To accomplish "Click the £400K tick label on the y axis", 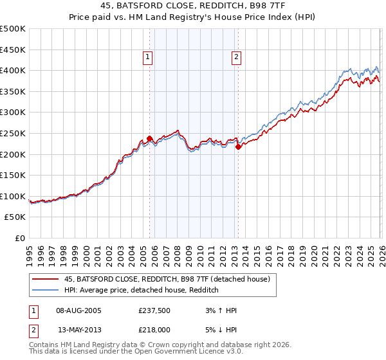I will [13, 70].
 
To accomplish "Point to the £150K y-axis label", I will [13, 175].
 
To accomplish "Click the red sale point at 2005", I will [149, 138].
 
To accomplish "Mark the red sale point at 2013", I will [238, 147].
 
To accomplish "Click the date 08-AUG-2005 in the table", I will [79, 310].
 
